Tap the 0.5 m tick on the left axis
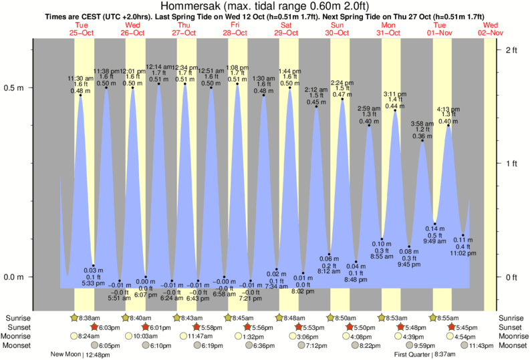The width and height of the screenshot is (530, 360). coord(14,87)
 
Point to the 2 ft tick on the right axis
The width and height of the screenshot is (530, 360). coord(513,50)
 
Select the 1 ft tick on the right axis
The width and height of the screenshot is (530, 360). coord(513,164)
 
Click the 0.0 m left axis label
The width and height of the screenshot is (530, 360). coord(14,277)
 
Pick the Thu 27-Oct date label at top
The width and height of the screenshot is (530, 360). coord(184,28)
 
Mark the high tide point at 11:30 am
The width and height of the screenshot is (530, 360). coord(81,95)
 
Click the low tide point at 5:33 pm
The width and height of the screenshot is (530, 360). coord(94,266)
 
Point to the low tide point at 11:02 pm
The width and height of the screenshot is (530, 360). coord(462,235)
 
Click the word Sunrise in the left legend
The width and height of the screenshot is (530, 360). coord(18,318)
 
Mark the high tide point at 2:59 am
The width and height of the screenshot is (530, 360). coord(369,126)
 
